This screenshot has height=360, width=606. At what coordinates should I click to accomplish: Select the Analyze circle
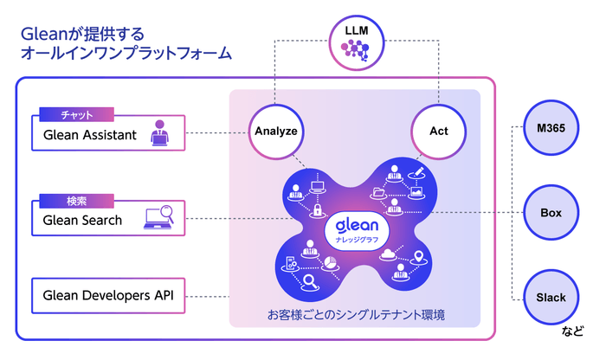(276, 132)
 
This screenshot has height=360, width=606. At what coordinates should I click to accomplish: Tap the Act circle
(438, 132)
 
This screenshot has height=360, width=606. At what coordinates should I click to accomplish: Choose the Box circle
(551, 213)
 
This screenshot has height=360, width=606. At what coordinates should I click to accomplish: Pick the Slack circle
(551, 297)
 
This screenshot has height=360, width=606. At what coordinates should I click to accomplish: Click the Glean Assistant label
(91, 134)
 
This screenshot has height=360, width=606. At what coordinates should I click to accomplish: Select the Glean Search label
(83, 220)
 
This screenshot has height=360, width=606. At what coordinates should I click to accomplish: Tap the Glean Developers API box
(109, 295)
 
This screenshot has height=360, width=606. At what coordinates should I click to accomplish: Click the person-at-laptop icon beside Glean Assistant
(160, 133)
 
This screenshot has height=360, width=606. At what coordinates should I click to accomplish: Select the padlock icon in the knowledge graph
(318, 210)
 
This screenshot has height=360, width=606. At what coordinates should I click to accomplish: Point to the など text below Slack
(572, 331)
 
